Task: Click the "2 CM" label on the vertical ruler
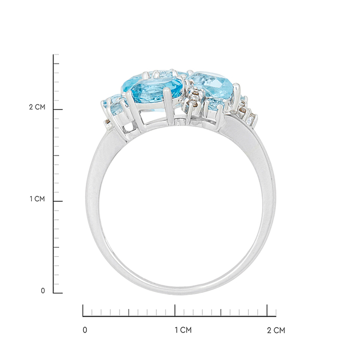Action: (x=37, y=107)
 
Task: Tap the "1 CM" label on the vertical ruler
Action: (x=37, y=199)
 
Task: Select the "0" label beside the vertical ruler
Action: (x=43, y=291)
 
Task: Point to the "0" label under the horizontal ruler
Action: (x=85, y=330)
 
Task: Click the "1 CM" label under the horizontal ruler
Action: (x=183, y=330)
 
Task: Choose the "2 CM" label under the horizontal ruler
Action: (x=276, y=330)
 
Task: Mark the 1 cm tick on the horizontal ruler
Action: (x=175, y=310)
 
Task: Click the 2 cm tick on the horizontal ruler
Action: (x=267, y=310)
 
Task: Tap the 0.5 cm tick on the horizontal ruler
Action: (x=129, y=312)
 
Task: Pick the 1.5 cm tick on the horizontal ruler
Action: (x=221, y=312)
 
